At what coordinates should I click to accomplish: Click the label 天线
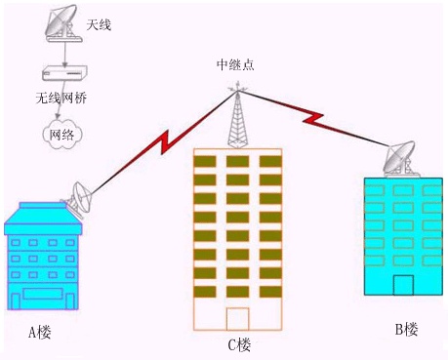pos(100,23)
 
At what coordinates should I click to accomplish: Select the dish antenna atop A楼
pos(80,200)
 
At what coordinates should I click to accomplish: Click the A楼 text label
pos(39,333)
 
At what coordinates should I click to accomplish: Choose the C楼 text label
pos(239,343)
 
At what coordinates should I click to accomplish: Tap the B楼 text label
pos(406,329)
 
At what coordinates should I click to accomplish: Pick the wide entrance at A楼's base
pos(43,293)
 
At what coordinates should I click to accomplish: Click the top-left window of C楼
pos(205,161)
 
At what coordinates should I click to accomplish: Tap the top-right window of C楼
pos(269,161)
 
